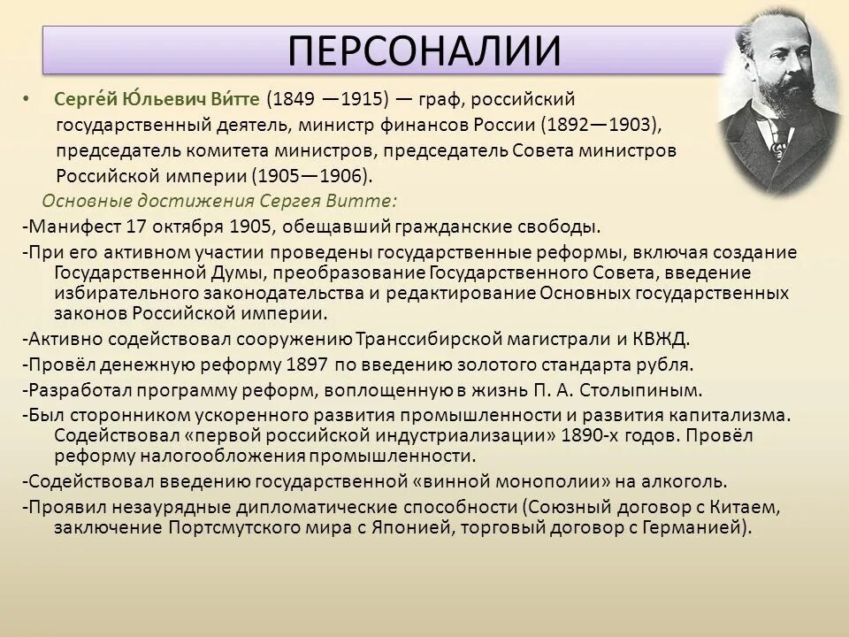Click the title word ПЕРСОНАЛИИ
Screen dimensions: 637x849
(x=424, y=50)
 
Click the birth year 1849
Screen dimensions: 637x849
(x=293, y=99)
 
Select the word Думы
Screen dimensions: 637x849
(x=235, y=272)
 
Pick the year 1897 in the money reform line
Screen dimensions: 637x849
(x=308, y=363)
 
